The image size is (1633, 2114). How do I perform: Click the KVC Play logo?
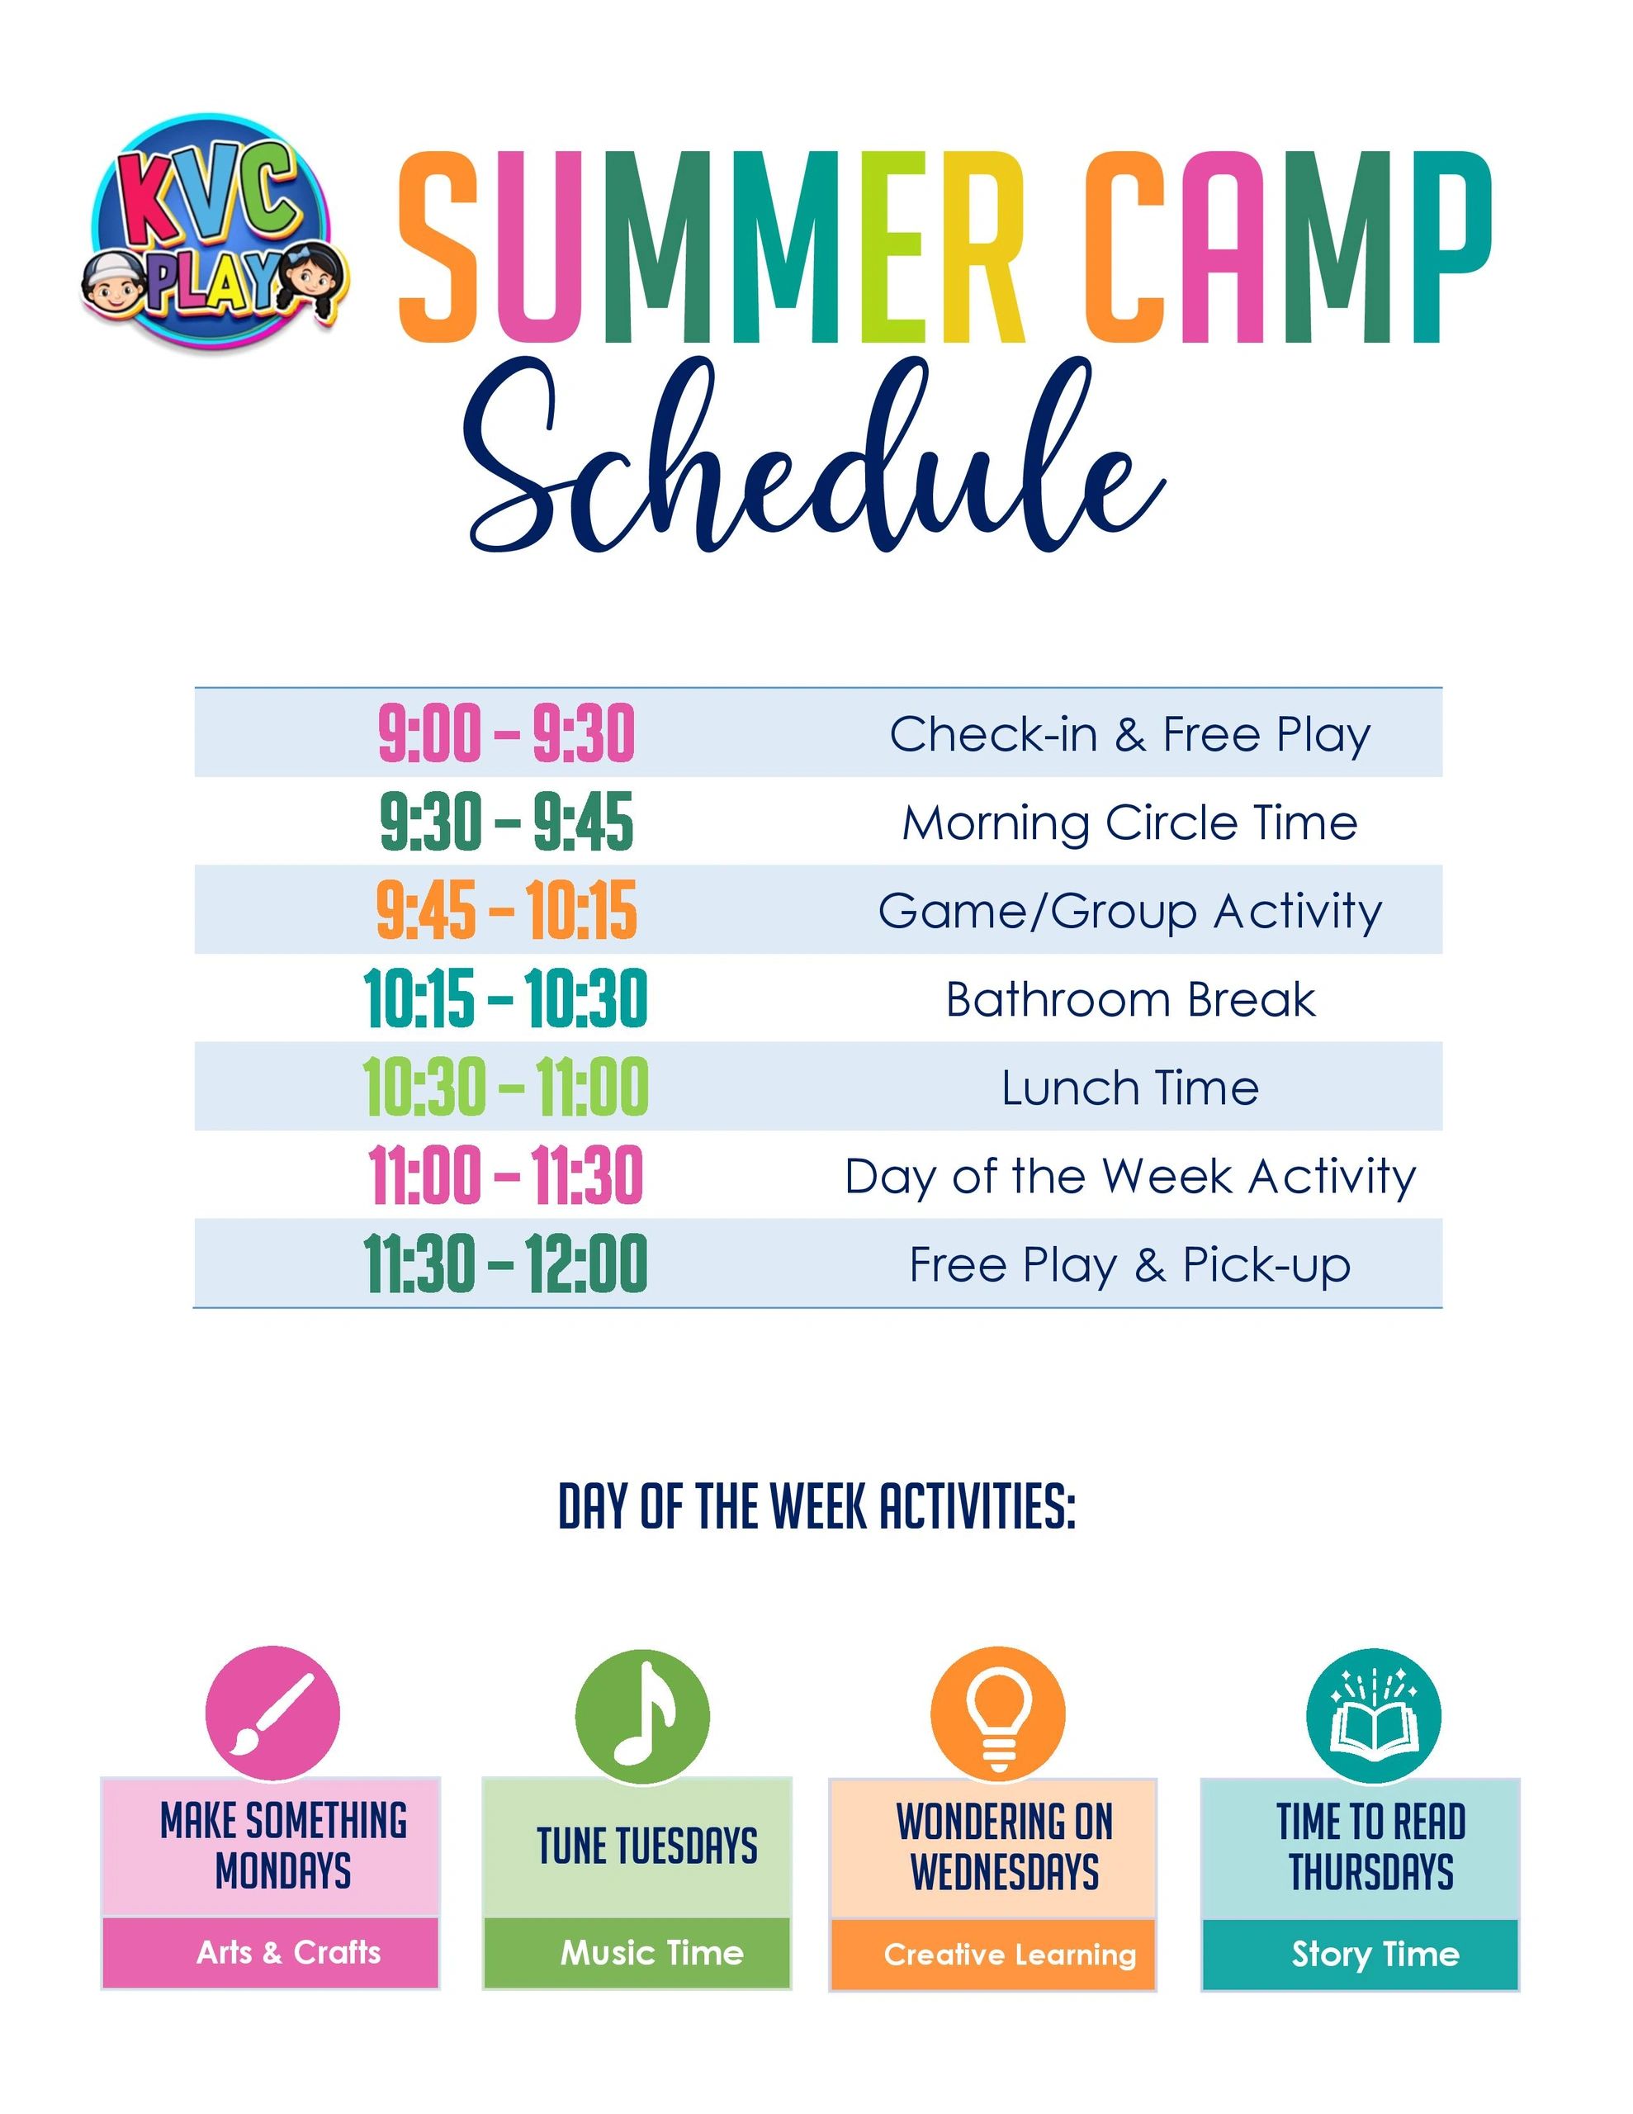pyautogui.click(x=214, y=232)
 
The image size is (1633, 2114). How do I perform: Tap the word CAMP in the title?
pyautogui.click(x=1287, y=248)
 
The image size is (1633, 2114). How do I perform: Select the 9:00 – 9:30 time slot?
pyautogui.click(x=506, y=733)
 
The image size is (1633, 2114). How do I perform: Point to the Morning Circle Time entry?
pyautogui.click(x=1129, y=822)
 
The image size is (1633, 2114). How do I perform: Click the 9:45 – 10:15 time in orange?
pyautogui.click(x=506, y=911)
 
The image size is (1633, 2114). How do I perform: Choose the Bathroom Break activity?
pyautogui.click(x=1130, y=999)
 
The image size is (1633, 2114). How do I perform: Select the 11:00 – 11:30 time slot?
pyautogui.click(x=505, y=1176)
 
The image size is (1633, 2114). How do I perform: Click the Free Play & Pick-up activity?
pyautogui.click(x=1129, y=1265)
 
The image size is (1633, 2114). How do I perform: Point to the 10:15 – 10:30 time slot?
pyautogui.click(x=505, y=999)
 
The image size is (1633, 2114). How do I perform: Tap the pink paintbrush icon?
pyautogui.click(x=273, y=1713)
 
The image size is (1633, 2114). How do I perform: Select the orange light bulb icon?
pyautogui.click(x=998, y=1714)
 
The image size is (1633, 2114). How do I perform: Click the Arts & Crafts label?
pyautogui.click(x=288, y=1952)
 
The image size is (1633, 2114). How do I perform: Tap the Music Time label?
pyautogui.click(x=652, y=1952)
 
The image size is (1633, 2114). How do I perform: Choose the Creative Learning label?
pyautogui.click(x=1010, y=1955)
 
